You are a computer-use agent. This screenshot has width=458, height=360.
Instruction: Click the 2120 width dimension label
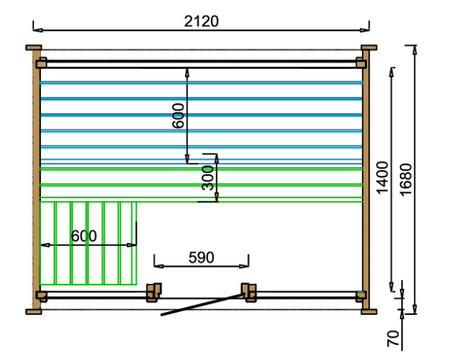(201, 22)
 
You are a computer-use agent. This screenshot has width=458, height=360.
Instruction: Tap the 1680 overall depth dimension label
(406, 179)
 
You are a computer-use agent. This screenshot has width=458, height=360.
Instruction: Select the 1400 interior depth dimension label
(383, 177)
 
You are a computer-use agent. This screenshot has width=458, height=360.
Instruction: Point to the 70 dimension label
(393, 338)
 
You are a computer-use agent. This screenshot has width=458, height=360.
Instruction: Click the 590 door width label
(201, 257)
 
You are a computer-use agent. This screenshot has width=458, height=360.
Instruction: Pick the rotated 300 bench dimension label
(207, 178)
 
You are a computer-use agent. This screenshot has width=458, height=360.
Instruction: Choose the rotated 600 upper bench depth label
(178, 116)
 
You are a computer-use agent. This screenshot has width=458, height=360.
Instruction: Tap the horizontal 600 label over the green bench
(84, 236)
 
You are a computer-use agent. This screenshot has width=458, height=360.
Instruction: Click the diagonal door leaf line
(202, 305)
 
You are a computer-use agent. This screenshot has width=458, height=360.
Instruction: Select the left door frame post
(154, 292)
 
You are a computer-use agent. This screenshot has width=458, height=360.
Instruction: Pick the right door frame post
(249, 292)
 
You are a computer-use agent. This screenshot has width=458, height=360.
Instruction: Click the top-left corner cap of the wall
(34, 47)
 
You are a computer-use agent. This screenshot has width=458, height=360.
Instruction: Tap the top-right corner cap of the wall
(369, 47)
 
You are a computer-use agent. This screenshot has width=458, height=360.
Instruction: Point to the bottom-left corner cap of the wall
(34, 311)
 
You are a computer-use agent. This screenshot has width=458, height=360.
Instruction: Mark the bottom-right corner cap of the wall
(369, 311)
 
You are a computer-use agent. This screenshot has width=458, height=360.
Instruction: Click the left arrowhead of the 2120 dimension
(38, 30)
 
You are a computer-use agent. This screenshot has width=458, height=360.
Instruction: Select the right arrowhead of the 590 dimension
(244, 266)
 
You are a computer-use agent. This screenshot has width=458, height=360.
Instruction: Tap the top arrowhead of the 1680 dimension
(415, 50)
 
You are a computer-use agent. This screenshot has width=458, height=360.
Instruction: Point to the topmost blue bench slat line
(201, 83)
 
